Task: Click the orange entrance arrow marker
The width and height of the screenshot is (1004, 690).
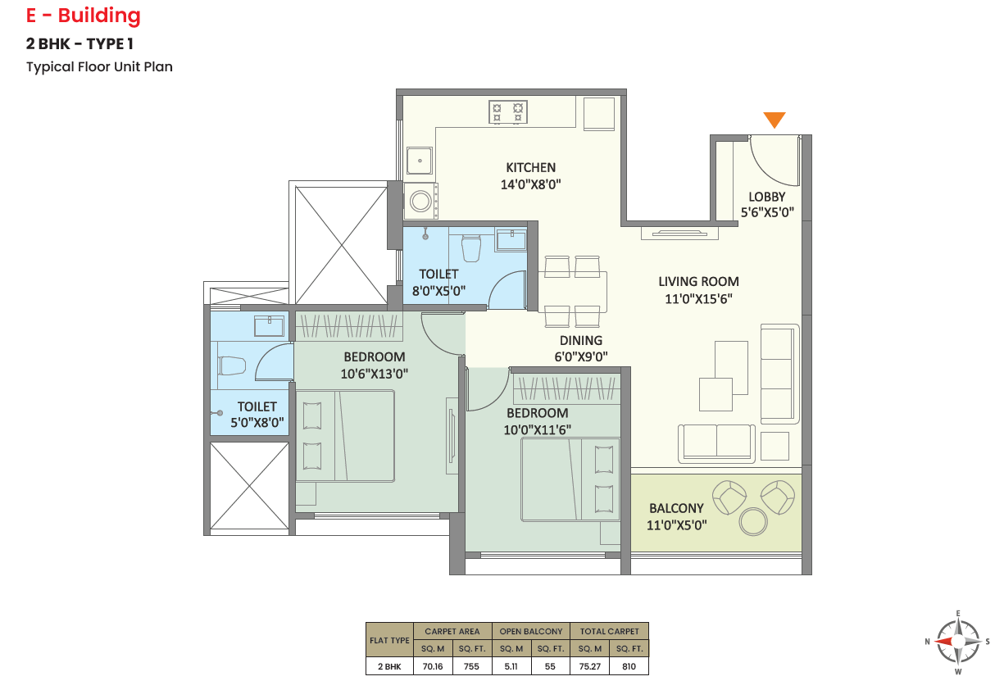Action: point(774,119)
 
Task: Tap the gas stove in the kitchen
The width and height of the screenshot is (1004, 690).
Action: point(508,112)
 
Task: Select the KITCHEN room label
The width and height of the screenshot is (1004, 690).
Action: point(531,167)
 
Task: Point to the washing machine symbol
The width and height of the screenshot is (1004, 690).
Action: point(420,201)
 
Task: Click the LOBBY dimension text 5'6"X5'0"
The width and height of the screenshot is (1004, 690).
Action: point(767,212)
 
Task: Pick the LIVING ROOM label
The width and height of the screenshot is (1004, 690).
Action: point(698,281)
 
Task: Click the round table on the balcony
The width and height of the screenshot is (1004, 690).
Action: point(753,521)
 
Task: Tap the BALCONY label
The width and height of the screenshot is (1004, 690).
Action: point(676,508)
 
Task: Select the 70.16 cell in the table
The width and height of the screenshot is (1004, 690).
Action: point(433,666)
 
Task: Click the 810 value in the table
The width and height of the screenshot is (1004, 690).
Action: point(629,666)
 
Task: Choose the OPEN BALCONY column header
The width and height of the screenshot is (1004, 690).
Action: point(531,631)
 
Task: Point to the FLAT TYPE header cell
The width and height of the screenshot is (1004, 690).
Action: point(389,640)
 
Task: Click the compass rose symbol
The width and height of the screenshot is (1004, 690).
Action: point(958,642)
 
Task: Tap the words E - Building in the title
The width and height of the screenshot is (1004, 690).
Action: point(84,16)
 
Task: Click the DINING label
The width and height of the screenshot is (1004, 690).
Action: point(581,341)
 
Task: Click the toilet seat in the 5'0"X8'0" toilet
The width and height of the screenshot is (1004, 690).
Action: point(232,365)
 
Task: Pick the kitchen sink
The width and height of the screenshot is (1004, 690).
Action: point(420,161)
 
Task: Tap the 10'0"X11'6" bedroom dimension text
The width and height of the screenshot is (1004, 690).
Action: point(537,429)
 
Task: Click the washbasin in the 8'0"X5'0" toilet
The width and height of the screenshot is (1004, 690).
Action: point(511,240)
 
